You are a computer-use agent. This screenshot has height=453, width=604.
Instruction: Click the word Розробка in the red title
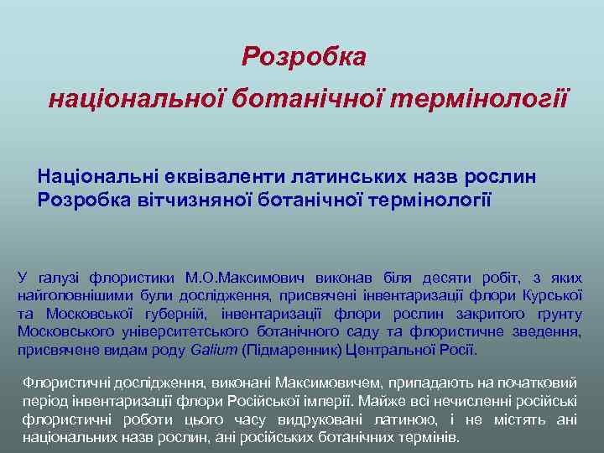(x=304, y=57)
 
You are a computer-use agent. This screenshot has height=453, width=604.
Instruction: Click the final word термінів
(x=424, y=438)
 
